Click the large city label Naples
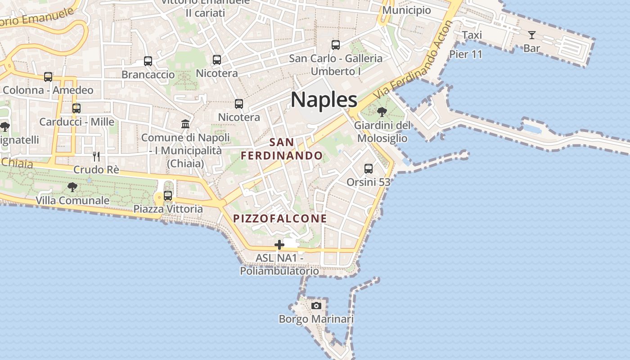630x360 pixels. click(324, 99)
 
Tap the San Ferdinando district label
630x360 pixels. click(282, 149)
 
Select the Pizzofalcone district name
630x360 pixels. click(280, 219)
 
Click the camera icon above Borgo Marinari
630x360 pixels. click(316, 306)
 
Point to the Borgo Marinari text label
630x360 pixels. click(316, 319)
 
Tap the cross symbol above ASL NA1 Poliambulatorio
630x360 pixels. click(279, 245)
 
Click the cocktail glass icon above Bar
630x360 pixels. click(532, 35)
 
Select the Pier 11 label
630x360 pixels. click(466, 54)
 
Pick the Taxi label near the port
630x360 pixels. click(472, 35)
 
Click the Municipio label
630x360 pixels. click(406, 10)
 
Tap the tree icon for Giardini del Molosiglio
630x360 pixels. click(382, 112)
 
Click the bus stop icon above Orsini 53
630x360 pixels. click(369, 169)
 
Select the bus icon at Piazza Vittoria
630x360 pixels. click(168, 196)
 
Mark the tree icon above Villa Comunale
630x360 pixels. click(72, 187)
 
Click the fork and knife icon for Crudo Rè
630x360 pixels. click(96, 156)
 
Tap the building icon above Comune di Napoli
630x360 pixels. click(185, 124)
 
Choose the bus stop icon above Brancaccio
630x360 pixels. click(148, 61)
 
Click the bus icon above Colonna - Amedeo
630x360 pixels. click(48, 77)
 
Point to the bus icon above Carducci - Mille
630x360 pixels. click(76, 108)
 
